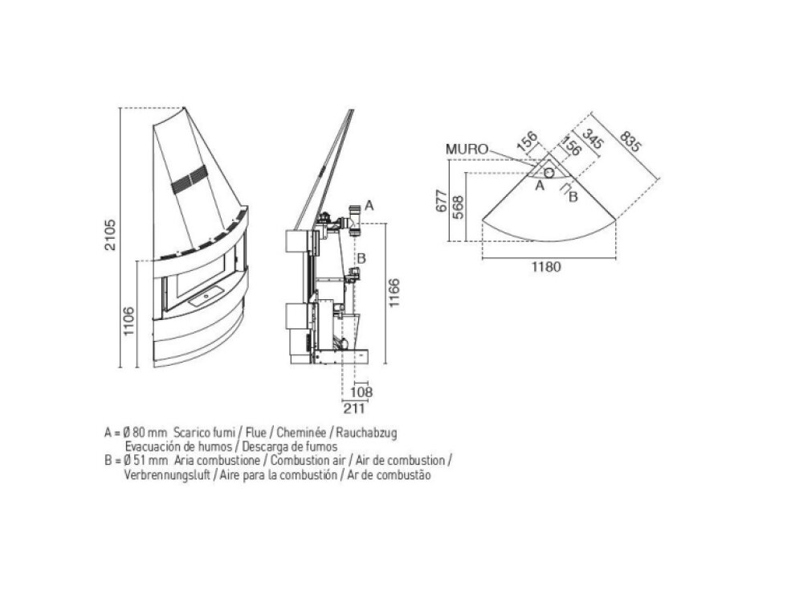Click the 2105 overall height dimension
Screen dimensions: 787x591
(x=111, y=235)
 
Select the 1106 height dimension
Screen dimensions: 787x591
(x=129, y=321)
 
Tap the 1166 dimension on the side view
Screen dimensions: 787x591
(x=394, y=293)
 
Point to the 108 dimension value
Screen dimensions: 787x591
(x=361, y=392)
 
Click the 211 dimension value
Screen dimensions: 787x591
(x=354, y=408)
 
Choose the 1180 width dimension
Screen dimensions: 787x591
(x=546, y=267)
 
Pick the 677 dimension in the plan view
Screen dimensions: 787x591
(x=442, y=200)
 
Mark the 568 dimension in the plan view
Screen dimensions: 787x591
(x=458, y=207)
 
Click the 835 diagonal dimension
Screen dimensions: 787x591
(x=630, y=142)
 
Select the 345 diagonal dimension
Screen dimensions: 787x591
(x=593, y=138)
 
